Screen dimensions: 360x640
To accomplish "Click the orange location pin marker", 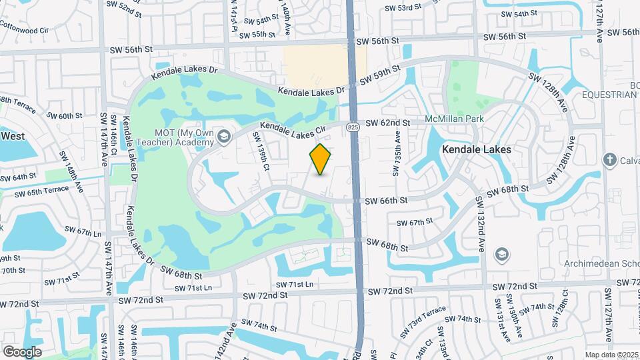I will pyautogui.click(x=321, y=159).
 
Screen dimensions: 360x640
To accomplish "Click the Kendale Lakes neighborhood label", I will pyautogui.click(x=477, y=150).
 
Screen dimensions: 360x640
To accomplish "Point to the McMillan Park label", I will pyautogui.click(x=455, y=120).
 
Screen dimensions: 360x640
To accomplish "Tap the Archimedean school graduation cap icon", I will pyautogui.click(x=501, y=254).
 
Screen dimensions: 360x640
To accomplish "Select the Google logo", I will pyautogui.click(x=22, y=351).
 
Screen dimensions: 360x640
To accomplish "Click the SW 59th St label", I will pyautogui.click(x=380, y=75).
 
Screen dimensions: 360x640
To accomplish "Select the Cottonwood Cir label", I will pyautogui.click(x=25, y=30).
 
